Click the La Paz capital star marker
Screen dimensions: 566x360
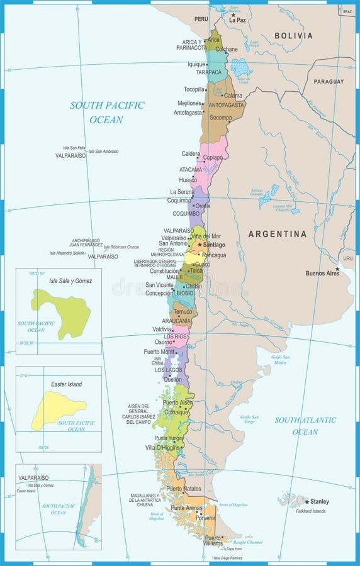click(233, 14)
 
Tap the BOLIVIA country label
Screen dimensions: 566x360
click(293, 36)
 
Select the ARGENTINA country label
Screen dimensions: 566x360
click(278, 234)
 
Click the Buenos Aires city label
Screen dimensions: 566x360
click(322, 274)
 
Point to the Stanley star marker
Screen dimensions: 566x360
click(307, 501)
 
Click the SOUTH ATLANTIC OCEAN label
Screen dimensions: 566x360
click(305, 426)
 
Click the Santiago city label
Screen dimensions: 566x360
click(215, 245)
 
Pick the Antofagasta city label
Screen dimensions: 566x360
click(188, 113)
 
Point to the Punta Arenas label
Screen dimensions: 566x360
click(186, 508)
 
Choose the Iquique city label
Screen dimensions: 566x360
click(196, 64)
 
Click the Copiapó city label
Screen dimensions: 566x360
click(213, 157)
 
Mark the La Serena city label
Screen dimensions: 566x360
click(182, 192)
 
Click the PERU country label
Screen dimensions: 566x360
click(201, 19)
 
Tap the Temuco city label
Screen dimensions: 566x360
click(183, 311)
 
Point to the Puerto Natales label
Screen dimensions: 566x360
click(183, 489)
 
